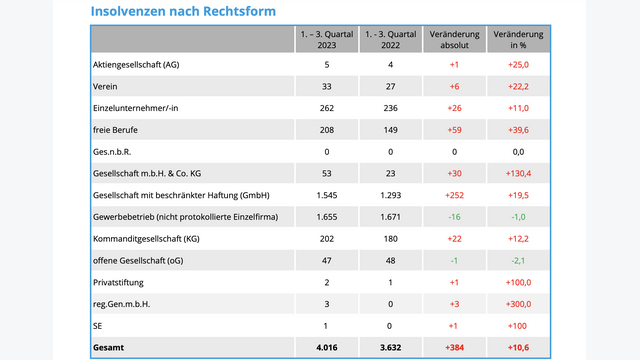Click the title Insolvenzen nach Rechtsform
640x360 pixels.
183,11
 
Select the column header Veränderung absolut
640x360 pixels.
455,40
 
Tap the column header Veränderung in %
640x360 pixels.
518,40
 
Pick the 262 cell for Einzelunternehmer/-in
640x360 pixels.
327,108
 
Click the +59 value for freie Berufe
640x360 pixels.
455,130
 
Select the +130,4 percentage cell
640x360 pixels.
518,173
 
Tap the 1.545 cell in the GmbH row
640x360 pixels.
327,194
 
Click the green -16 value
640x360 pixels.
455,216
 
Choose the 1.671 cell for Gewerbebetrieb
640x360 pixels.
390,216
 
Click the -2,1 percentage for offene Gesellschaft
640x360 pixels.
518,260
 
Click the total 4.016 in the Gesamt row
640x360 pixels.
327,347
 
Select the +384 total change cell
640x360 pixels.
455,347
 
